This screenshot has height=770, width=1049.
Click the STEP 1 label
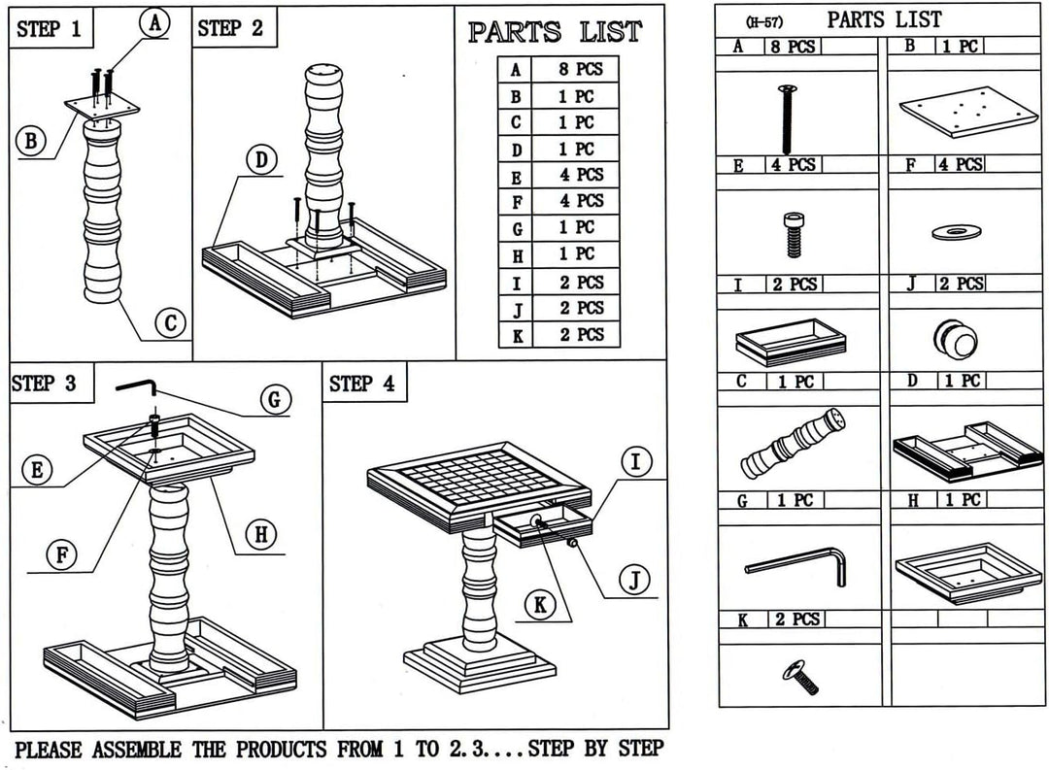[x=50, y=29]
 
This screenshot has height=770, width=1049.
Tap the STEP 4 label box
[x=362, y=384]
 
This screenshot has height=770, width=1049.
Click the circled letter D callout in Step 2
[x=261, y=160]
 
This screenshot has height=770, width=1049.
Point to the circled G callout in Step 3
[x=275, y=399]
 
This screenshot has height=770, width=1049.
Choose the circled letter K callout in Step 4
[x=539, y=605]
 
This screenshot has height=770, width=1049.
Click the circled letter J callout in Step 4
[x=634, y=581]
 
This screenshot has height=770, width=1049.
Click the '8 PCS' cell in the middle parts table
[x=581, y=70]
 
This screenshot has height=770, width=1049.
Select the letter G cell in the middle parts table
[x=516, y=228]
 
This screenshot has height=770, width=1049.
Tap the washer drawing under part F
[x=957, y=231]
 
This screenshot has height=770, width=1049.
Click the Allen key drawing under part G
[x=796, y=564]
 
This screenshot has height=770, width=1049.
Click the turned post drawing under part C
[x=793, y=445]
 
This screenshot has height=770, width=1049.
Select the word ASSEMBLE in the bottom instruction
[x=136, y=749]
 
